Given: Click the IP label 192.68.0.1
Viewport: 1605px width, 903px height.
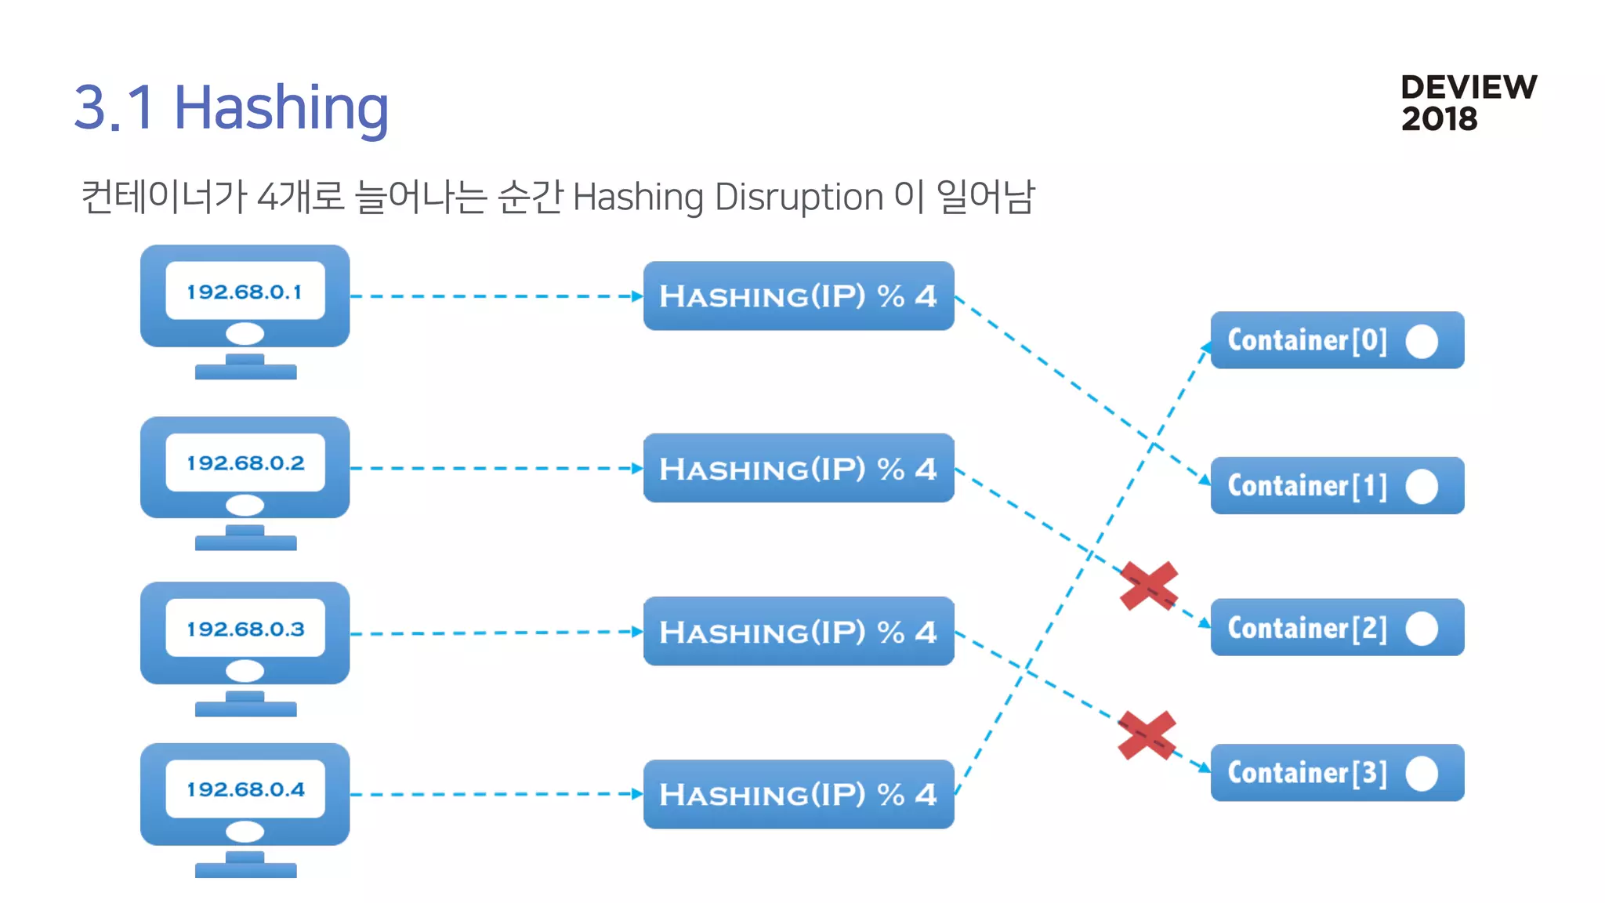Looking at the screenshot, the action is [245, 292].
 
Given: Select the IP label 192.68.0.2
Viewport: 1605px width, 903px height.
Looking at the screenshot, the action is [245, 463].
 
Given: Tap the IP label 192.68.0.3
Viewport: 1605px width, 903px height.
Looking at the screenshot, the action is [245, 629].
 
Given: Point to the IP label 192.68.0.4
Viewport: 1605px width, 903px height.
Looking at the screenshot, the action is [245, 789].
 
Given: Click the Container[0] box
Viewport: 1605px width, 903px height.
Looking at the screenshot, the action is [1336, 340].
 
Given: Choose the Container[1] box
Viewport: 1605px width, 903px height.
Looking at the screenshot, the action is [1336, 486].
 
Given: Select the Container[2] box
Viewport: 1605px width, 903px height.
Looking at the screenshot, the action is [1336, 628].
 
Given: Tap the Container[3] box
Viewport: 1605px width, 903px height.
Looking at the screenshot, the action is [1336, 773].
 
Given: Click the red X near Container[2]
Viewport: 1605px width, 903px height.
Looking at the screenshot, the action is [1149, 586].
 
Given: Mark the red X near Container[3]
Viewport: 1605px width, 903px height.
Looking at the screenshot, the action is [1147, 735].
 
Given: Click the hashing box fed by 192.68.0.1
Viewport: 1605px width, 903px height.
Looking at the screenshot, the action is [798, 296].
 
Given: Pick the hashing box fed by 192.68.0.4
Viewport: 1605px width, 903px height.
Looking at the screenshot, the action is [798, 794].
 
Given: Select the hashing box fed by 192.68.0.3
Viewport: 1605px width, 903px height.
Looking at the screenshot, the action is [798, 632].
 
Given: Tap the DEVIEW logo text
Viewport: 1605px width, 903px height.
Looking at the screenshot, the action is [1468, 87].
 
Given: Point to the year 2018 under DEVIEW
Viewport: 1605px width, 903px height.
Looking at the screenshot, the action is [1439, 119].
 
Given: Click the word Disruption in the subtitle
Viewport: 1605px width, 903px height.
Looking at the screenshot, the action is [799, 197].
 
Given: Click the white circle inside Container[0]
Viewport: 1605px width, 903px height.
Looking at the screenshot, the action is [1422, 341].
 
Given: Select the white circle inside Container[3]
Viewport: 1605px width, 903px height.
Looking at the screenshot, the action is [1422, 774].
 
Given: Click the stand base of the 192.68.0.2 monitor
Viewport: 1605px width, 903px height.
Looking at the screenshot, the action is [245, 542].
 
